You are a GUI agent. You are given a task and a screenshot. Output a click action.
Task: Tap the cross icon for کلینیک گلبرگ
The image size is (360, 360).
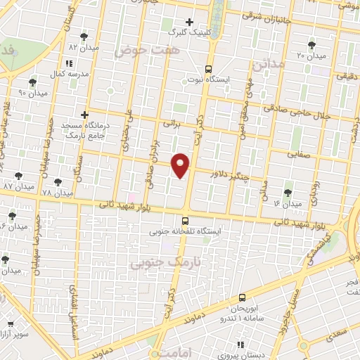[x=189, y=22]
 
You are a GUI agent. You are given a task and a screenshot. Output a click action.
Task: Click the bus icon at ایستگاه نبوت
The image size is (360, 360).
[x=207, y=69]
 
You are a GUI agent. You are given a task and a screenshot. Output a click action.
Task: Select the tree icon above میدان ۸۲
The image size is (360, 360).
[x=84, y=36]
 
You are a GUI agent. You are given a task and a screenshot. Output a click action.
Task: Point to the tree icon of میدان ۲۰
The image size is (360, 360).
[x=302, y=44]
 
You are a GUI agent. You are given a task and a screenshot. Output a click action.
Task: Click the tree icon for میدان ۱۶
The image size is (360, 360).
[x=288, y=193]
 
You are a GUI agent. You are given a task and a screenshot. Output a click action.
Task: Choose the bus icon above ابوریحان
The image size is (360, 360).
[x=242, y=297]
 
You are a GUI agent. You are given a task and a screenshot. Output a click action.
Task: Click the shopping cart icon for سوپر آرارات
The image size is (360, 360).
[x=11, y=324]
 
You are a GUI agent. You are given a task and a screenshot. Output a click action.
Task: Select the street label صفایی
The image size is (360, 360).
[x=300, y=154]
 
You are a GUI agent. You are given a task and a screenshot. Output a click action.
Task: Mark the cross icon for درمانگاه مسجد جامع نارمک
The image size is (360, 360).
[x=84, y=114]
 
